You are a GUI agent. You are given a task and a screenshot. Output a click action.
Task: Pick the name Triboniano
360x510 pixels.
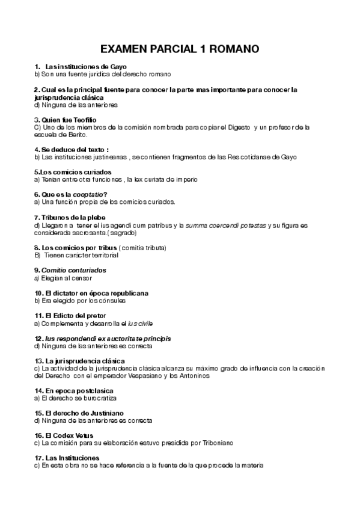[x=213, y=443]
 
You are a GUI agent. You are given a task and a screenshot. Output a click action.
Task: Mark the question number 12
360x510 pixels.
[x=38, y=338]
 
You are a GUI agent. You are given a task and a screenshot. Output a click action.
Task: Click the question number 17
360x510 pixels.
[x=38, y=458]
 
